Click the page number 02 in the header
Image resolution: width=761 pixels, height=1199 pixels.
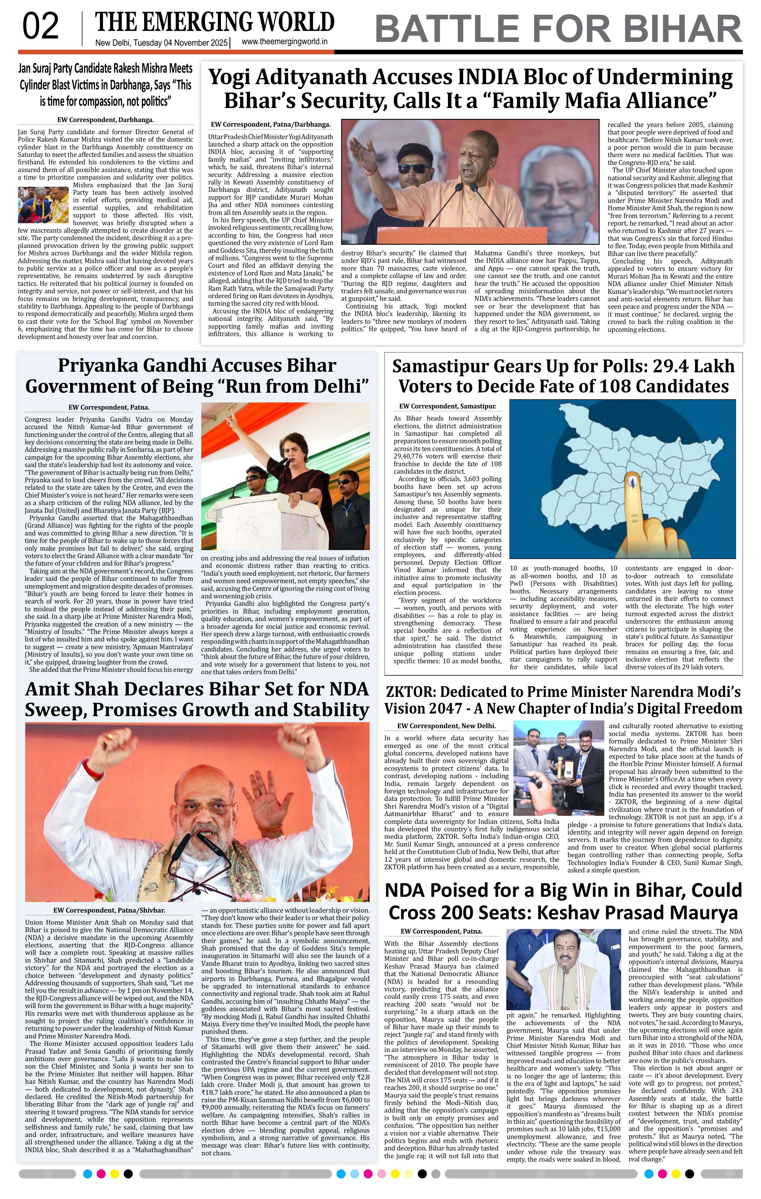click(41, 27)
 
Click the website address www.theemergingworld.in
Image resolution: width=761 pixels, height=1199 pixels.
click(284, 42)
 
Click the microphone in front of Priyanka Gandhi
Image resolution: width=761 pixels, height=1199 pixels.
click(287, 462)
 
